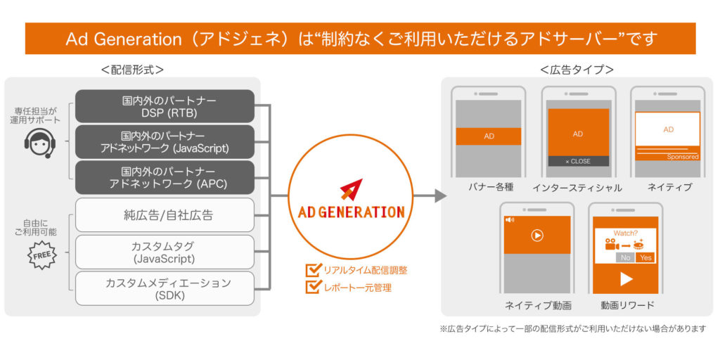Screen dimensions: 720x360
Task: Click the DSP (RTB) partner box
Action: point(165,106)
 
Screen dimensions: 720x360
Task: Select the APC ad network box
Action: point(165,177)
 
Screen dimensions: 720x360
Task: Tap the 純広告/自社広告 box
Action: point(165,215)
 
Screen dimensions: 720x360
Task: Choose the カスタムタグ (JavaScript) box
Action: point(165,252)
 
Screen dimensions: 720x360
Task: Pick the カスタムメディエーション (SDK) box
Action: point(165,288)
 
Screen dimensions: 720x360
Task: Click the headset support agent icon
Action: point(40,143)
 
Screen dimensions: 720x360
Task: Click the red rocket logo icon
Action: point(351,190)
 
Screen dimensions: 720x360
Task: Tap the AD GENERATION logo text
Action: point(351,212)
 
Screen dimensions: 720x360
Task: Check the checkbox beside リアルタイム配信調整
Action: point(313,270)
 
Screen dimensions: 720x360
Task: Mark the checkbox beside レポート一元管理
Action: point(313,287)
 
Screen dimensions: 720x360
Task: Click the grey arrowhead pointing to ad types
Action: point(440,196)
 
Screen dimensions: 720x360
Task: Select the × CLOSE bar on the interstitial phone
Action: point(578,161)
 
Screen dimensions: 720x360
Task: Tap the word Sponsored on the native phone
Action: point(683,157)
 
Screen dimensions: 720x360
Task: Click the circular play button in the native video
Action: point(536,236)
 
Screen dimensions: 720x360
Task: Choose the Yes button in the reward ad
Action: point(645,257)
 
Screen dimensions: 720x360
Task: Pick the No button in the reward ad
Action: point(625,257)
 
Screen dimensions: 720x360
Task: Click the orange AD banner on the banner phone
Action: point(489,136)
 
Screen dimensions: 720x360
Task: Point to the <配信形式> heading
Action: point(132,70)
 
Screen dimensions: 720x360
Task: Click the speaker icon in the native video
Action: point(510,220)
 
